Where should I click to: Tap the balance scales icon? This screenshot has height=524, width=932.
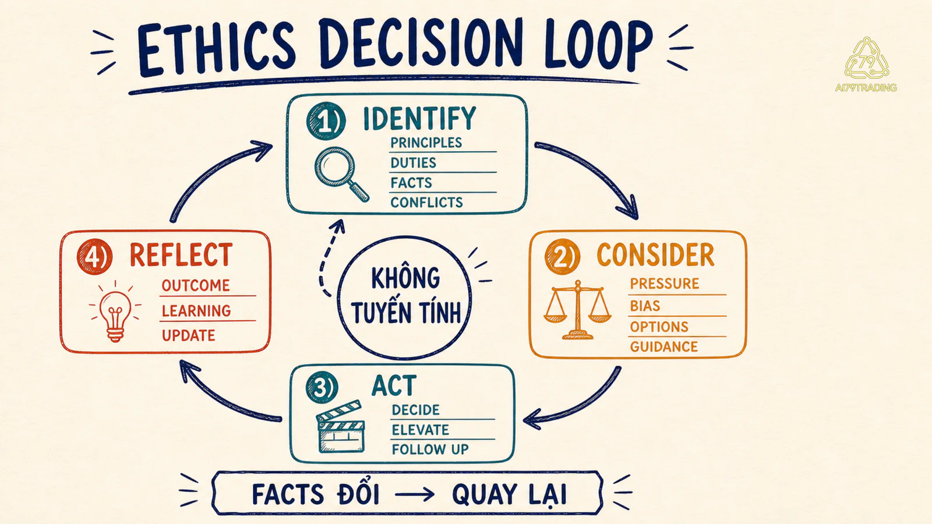point(577,309)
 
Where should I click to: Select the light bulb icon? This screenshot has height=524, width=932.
point(115,312)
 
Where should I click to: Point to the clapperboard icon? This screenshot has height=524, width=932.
point(341,427)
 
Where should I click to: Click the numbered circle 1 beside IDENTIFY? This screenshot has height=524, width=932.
point(326,121)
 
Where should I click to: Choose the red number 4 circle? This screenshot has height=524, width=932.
point(94,257)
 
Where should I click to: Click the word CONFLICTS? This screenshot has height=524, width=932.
point(426,203)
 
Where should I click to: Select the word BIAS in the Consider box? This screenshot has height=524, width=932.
point(645,306)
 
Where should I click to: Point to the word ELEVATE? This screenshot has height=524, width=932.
point(420,430)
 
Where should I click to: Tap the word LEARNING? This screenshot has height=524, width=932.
point(196,311)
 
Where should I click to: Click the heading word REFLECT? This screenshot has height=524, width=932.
point(181,255)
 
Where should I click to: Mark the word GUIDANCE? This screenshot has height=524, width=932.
point(663,347)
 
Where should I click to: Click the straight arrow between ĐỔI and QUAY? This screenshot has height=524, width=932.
point(414,494)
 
